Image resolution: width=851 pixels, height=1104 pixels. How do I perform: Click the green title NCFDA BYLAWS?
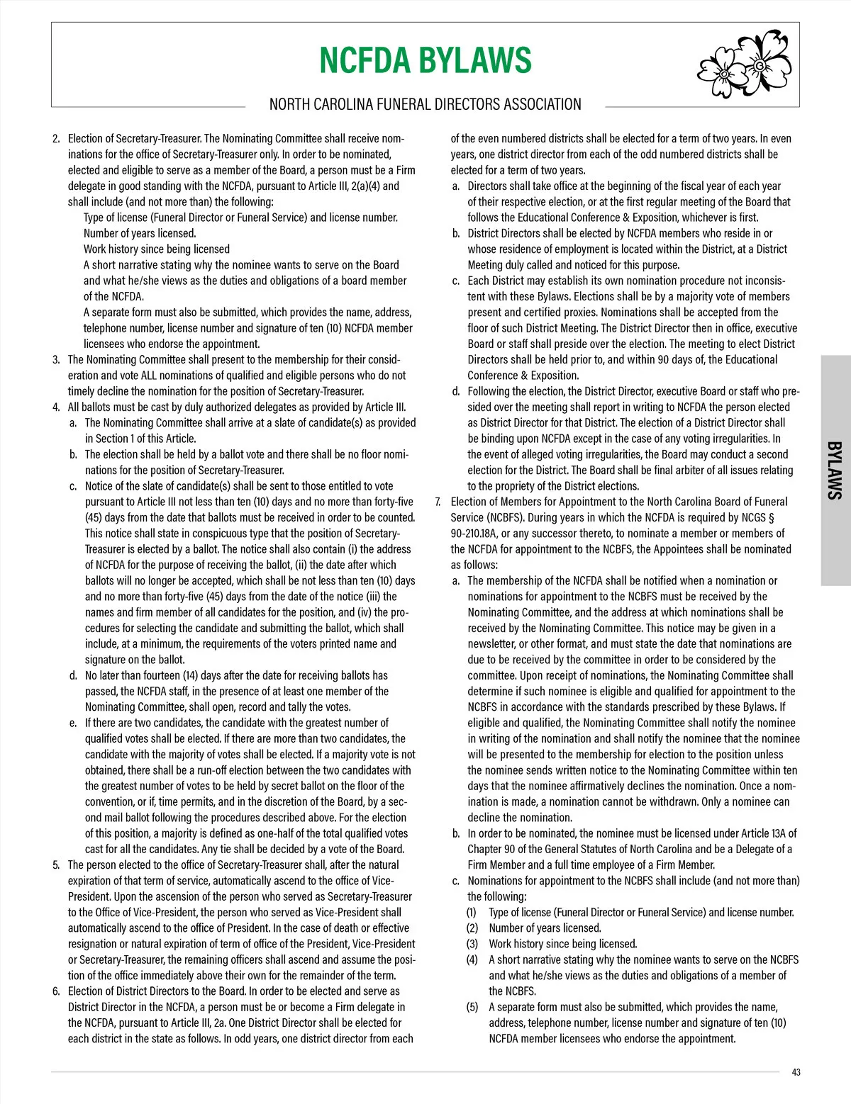[x=425, y=60]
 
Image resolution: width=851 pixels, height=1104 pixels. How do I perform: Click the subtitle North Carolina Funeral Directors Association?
[x=425, y=105]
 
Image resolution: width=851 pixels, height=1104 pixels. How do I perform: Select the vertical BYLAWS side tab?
[x=835, y=470]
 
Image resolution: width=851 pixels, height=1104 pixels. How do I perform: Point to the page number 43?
[x=796, y=1072]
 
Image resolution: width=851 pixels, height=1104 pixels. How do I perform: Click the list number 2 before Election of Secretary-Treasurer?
[x=56, y=139]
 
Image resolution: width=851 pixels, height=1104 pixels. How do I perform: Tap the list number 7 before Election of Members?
[x=438, y=502]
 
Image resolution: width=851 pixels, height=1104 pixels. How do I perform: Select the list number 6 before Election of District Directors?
[x=56, y=991]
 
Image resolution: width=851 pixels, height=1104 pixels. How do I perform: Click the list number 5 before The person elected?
[x=56, y=865]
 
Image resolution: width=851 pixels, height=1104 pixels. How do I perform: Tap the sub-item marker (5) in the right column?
[x=472, y=1007]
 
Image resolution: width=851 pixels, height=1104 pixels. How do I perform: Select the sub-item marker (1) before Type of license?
[x=472, y=913]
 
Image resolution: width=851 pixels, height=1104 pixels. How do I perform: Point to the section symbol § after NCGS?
[x=771, y=518]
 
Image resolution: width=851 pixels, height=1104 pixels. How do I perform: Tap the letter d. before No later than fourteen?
[x=73, y=676]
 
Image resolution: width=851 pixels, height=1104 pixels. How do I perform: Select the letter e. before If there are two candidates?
[x=73, y=723]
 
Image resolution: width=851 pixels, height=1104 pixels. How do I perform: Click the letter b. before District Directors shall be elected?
[x=456, y=234]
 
